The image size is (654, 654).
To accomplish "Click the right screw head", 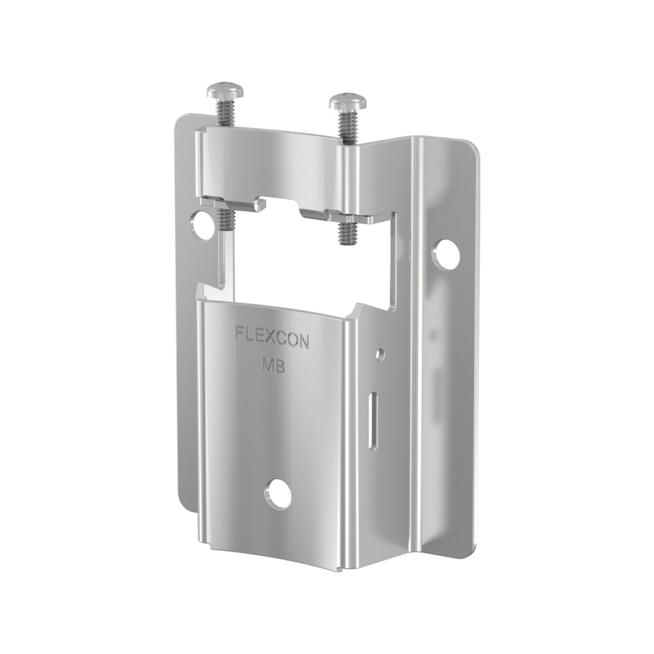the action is point(347,101).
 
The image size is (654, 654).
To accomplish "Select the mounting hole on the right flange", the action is point(446,254).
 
